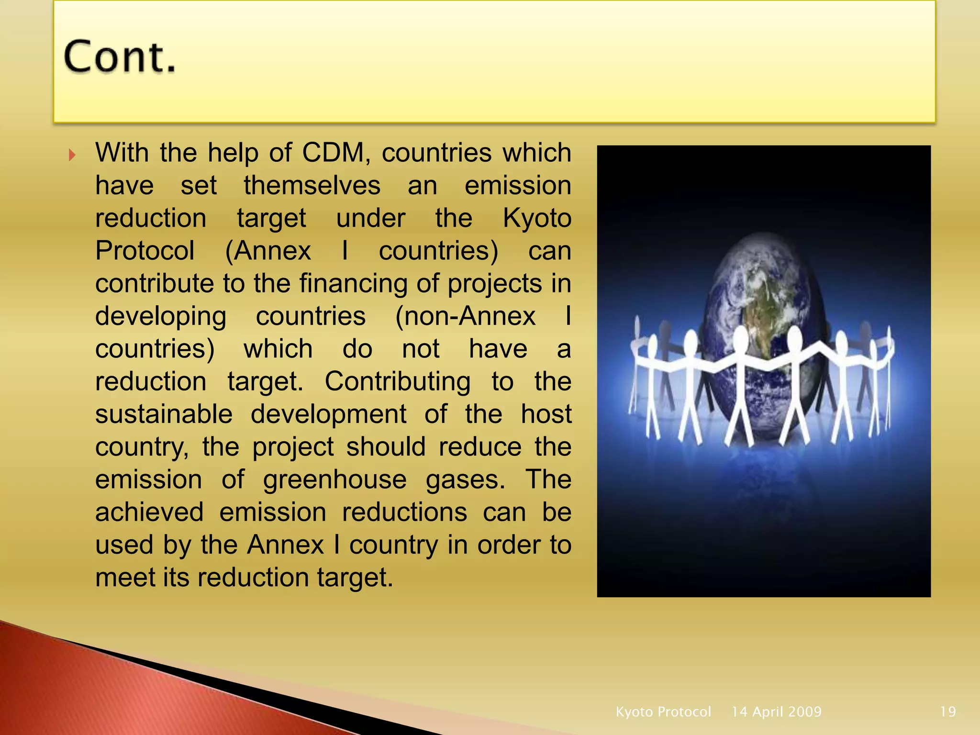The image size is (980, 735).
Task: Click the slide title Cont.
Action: tap(120, 57)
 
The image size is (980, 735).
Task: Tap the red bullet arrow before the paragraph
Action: tap(72, 155)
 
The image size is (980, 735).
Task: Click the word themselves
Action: tap(312, 186)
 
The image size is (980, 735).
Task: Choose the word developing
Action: tap(161, 317)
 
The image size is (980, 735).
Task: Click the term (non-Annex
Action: tap(465, 316)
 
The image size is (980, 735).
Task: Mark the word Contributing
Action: tap(398, 382)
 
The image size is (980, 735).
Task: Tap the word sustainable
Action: tap(164, 414)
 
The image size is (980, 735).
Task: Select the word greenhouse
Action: tap(335, 480)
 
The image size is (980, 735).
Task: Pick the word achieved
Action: tap(149, 512)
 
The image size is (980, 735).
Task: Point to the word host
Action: tap(546, 414)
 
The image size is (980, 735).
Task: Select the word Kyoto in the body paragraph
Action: tap(537, 219)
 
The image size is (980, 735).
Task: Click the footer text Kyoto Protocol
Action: tap(663, 712)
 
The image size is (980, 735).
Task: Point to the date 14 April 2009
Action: tap(776, 712)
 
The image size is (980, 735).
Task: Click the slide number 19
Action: tap(948, 712)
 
